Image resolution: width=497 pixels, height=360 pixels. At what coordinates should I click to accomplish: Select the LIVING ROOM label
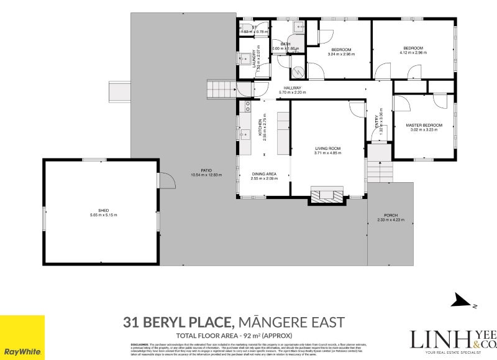327,148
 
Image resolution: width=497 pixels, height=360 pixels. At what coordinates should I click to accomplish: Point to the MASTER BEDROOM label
424,126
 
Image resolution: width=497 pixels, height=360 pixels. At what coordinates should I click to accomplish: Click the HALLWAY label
293,88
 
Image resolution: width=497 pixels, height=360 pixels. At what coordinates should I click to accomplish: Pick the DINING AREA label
263,174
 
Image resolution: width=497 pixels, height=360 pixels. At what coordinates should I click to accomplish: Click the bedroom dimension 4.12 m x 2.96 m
413,53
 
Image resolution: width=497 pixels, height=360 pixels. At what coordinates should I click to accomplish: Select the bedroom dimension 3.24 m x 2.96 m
341,54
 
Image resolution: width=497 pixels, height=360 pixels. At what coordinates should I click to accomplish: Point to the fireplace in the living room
326,195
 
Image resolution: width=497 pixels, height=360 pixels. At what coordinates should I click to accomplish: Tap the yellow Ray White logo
22,337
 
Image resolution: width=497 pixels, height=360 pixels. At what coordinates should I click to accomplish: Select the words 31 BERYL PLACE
178,322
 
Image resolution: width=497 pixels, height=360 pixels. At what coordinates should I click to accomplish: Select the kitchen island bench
283,133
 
